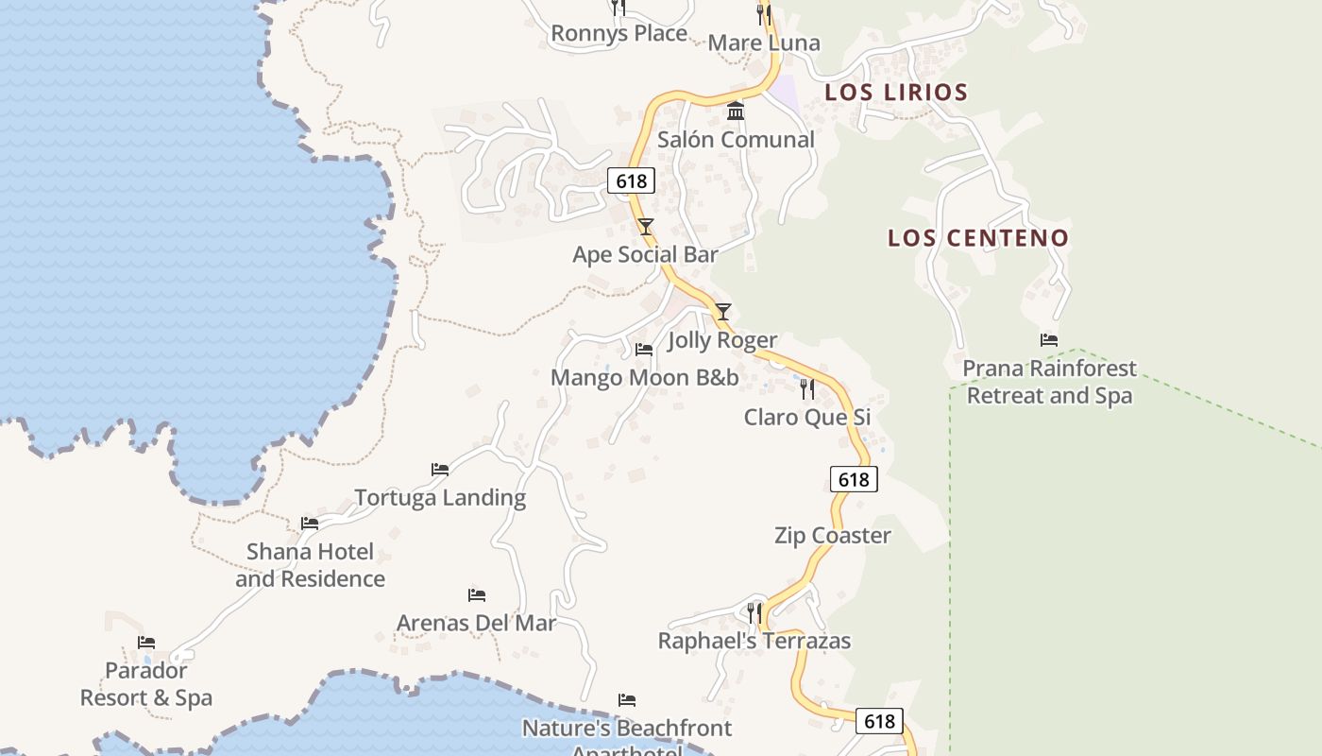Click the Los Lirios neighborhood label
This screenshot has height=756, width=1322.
tap(896, 93)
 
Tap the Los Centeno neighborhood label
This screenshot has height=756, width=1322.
tap(977, 238)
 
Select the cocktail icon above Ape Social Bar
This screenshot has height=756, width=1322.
tap(645, 227)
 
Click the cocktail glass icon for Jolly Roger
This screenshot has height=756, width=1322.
tap(722, 311)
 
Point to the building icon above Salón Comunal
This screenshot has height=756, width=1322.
tap(736, 112)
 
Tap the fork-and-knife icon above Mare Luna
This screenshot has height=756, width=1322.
tap(763, 15)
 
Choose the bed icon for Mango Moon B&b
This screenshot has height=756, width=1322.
tap(644, 350)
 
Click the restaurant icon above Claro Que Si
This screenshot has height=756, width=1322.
tap(806, 388)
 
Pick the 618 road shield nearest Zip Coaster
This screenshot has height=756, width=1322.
tap(854, 479)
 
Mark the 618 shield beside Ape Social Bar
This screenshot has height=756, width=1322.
tap(630, 180)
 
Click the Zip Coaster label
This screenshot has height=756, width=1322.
tap(832, 536)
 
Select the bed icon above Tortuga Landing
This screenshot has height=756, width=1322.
tap(439, 469)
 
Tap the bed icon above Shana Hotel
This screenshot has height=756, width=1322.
tap(309, 523)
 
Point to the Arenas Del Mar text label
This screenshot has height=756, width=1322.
tap(476, 624)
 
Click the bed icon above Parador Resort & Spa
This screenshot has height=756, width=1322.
tap(145, 643)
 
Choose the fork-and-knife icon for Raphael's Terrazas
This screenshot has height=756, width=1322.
tap(754, 613)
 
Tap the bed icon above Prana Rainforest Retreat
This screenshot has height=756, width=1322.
tap(1048, 340)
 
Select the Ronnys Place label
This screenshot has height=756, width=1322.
tap(619, 34)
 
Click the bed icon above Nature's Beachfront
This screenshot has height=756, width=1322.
tap(626, 700)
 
